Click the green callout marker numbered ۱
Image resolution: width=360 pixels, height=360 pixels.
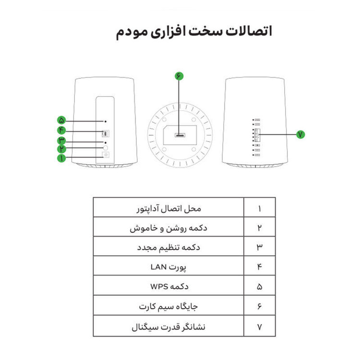pyautogui.click(x=61, y=158)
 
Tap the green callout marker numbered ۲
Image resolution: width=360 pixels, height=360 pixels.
pyautogui.click(x=61, y=149)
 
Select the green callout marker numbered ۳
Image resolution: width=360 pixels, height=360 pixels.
pyautogui.click(x=61, y=140)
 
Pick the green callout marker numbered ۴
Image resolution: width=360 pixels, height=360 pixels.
pyautogui.click(x=61, y=130)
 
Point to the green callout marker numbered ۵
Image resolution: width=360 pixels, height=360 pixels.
pyautogui.click(x=61, y=120)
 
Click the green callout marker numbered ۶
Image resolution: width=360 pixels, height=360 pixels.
pyautogui.click(x=179, y=76)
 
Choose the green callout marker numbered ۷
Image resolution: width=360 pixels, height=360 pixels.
pyautogui.click(x=300, y=134)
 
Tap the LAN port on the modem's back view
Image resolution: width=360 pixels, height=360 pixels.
pyautogui.click(x=106, y=133)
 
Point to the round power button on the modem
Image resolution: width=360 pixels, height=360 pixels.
pyautogui.click(x=106, y=148)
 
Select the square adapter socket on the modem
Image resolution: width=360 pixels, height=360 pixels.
pyautogui.click(x=106, y=155)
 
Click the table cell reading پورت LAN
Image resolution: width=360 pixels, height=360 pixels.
pyautogui.click(x=168, y=266)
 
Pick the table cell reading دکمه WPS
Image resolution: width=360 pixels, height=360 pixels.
pyautogui.click(x=168, y=286)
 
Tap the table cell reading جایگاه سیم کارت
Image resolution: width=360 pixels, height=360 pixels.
pyautogui.click(x=168, y=305)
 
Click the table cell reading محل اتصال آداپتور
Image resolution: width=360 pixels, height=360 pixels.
pyautogui.click(x=168, y=207)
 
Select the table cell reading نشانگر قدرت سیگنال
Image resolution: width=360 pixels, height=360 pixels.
pyautogui.click(x=168, y=326)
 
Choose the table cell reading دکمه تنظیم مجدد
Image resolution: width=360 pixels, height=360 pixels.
pyautogui.click(x=168, y=246)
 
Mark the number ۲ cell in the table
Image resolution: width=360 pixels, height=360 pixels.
pyautogui.click(x=260, y=227)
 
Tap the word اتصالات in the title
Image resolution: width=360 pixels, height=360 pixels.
pyautogui.click(x=249, y=31)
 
